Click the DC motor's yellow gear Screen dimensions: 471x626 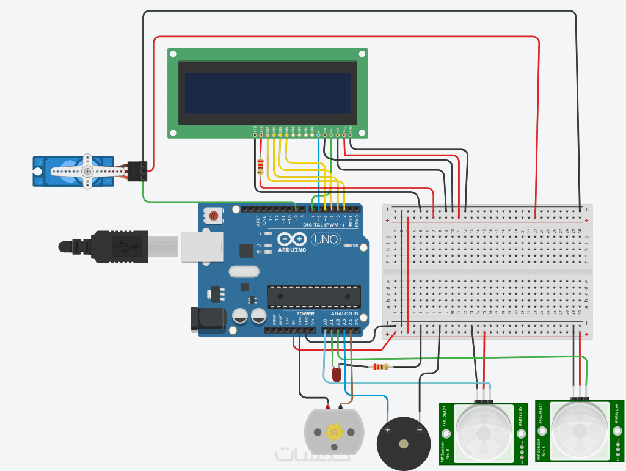334,433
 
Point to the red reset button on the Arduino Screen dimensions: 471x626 214,215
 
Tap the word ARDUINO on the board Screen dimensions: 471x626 291,250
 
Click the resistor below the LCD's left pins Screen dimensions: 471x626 261,166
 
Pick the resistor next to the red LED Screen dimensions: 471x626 380,367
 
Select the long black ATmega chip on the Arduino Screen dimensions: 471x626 313,296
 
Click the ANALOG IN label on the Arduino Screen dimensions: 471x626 345,313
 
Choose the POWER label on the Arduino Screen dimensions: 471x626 305,313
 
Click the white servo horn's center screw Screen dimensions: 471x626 88,171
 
